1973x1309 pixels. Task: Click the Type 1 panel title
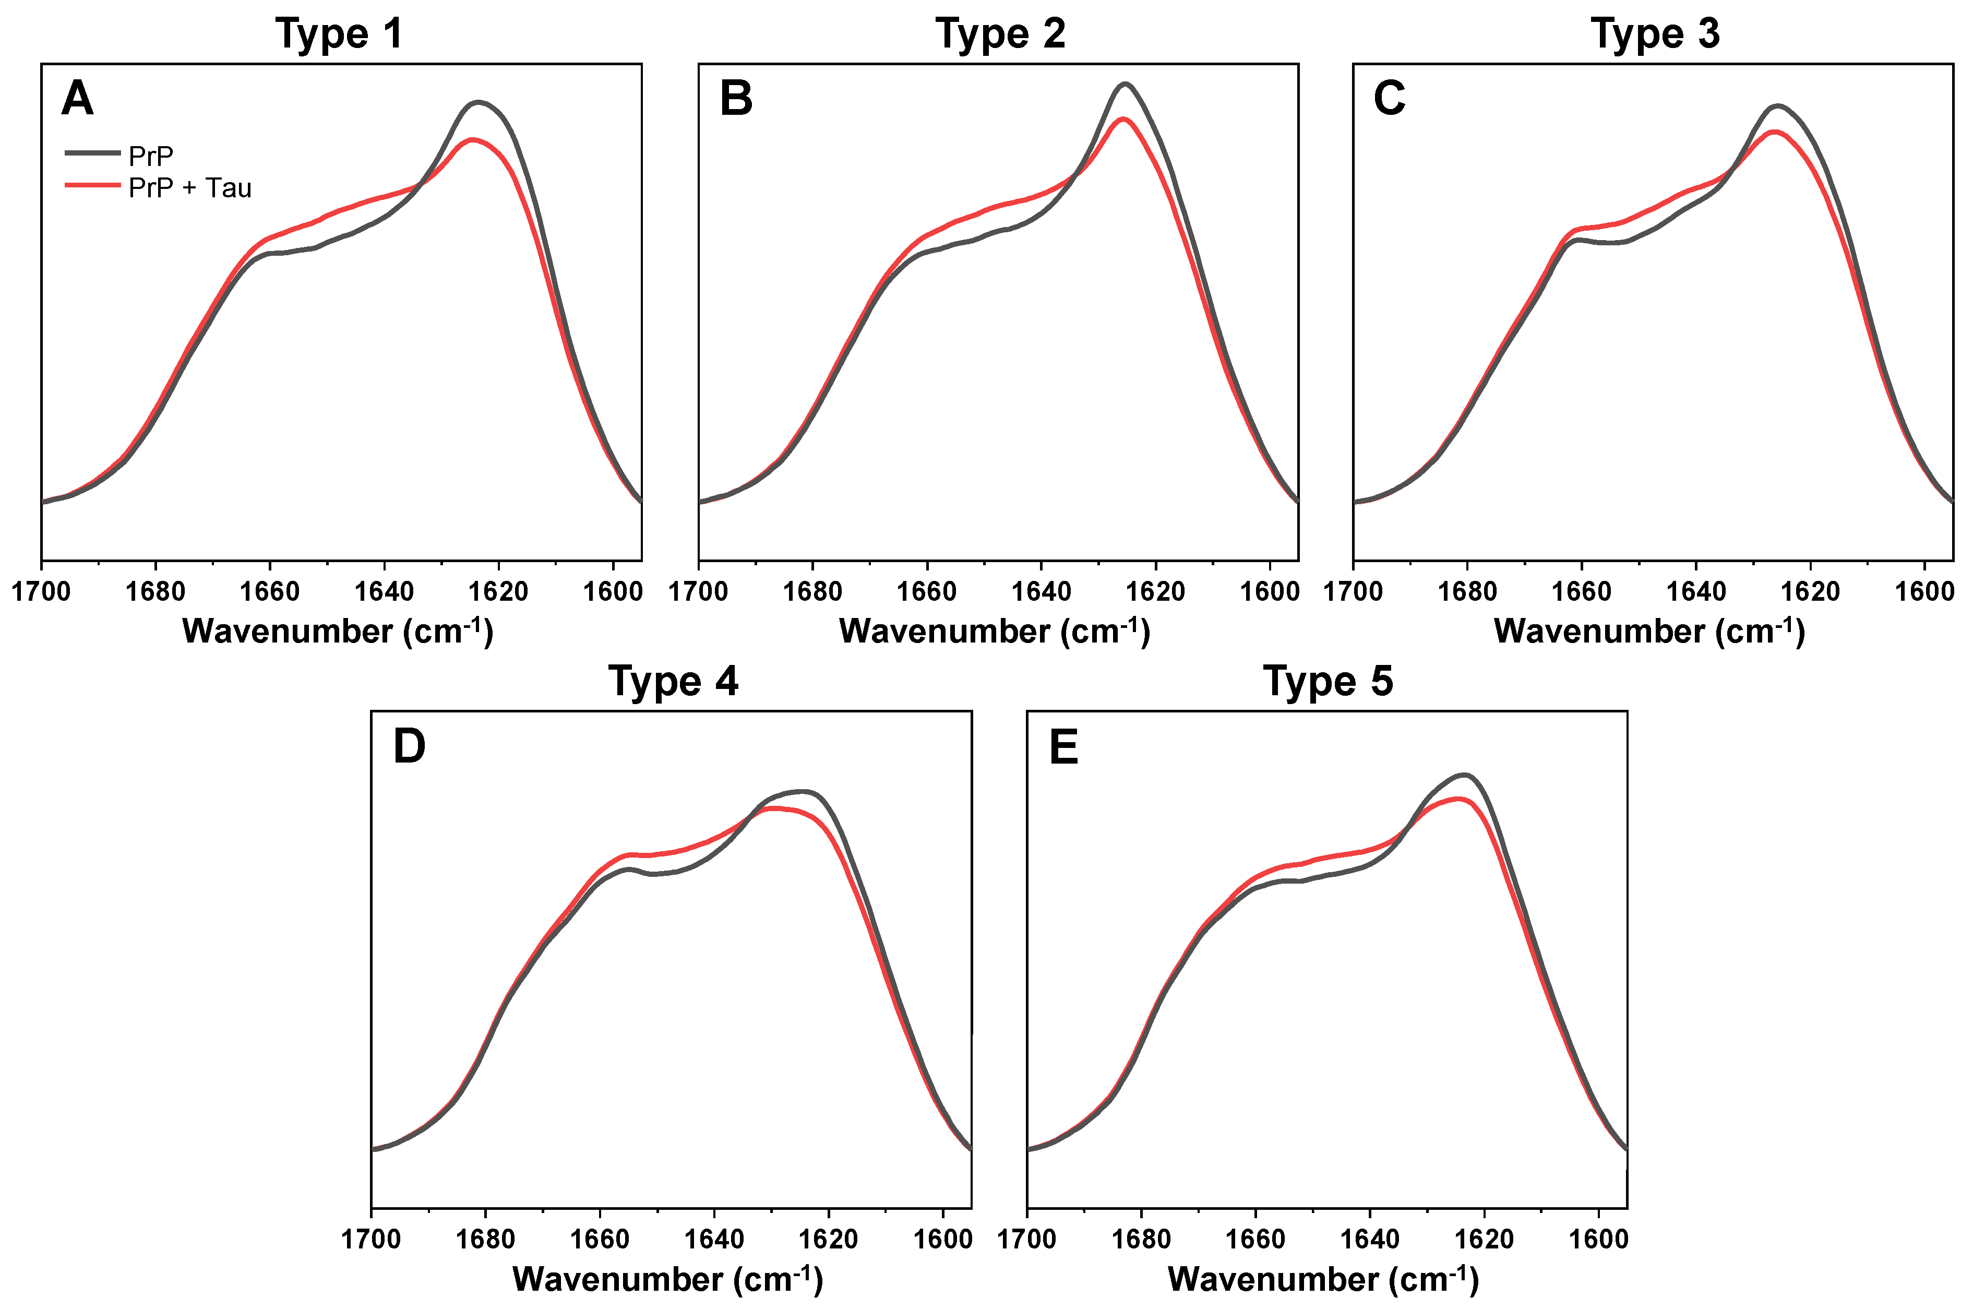(339, 34)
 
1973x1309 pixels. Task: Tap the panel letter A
(78, 99)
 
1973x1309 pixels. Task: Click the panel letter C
(1390, 99)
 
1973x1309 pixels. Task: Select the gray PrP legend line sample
(93, 153)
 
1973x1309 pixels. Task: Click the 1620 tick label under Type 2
(1155, 592)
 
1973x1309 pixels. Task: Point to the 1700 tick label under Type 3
(1353, 592)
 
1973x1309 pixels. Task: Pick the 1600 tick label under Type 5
(1598, 1240)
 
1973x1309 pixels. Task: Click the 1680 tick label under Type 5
(1141, 1240)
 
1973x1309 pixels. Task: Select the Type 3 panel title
(1655, 34)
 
